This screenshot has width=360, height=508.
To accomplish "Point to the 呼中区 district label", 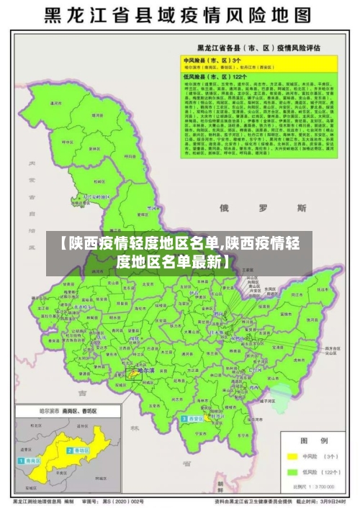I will coord(51,104).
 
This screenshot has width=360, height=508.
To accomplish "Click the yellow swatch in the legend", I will coord(293,455).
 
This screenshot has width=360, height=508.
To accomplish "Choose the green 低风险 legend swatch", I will coord(293,473).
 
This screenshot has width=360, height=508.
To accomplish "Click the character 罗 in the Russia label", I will coord(263,208).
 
